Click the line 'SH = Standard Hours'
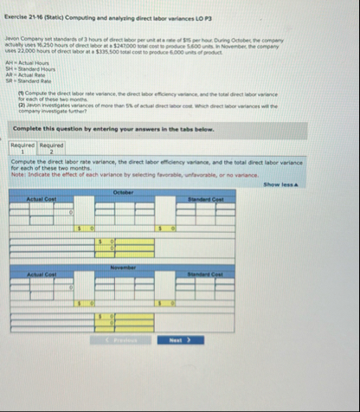tap(29, 71)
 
